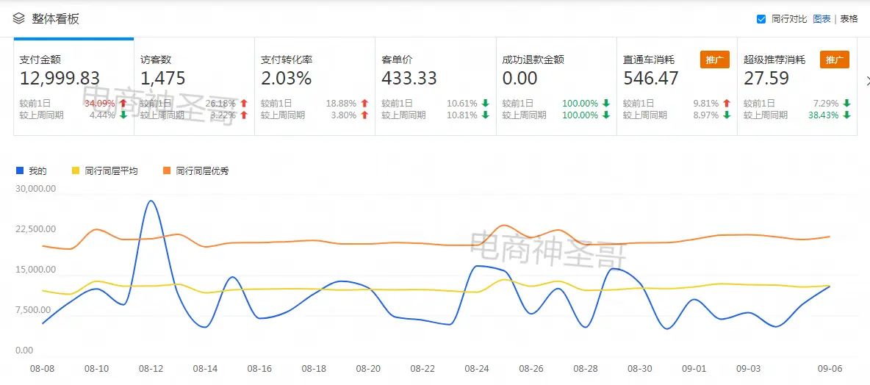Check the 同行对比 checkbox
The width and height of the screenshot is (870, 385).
click(x=761, y=19)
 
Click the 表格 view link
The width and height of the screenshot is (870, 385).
click(x=849, y=19)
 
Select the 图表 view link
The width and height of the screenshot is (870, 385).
click(x=822, y=19)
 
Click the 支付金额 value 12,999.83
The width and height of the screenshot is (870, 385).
click(x=60, y=78)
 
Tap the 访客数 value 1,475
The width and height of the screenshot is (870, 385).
click(x=163, y=78)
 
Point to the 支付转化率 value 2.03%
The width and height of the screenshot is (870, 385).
click(x=287, y=78)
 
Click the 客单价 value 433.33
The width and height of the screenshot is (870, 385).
click(x=409, y=78)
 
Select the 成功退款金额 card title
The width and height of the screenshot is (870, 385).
click(x=533, y=60)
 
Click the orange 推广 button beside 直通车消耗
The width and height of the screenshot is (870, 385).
click(x=715, y=60)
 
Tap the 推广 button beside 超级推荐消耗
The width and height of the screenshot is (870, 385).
click(x=835, y=60)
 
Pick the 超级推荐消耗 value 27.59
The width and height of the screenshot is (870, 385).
click(x=766, y=78)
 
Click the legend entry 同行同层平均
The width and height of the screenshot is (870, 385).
click(x=110, y=171)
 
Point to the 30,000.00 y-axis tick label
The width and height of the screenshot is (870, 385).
click(x=35, y=189)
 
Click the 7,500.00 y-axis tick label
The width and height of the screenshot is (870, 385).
click(x=35, y=310)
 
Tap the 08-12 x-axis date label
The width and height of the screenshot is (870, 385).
click(x=151, y=368)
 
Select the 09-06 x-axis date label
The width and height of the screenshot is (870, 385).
click(x=830, y=368)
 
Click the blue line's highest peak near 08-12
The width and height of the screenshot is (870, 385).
click(x=151, y=201)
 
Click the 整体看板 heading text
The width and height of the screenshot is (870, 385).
click(x=55, y=19)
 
